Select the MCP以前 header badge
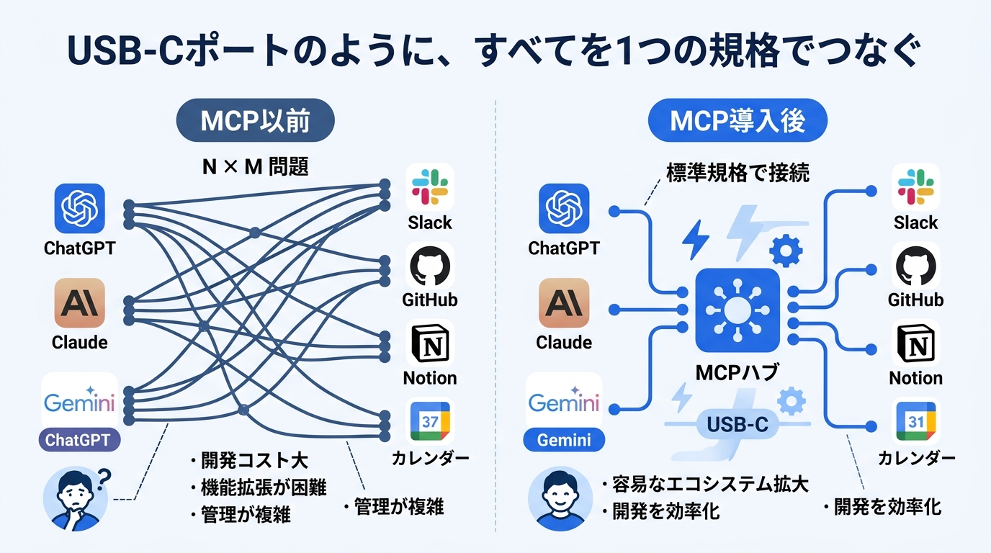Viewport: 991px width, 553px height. pyautogui.click(x=255, y=121)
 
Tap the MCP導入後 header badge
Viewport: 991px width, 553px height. pyautogui.click(x=737, y=121)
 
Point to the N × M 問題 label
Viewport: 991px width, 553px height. pyautogui.click(x=256, y=167)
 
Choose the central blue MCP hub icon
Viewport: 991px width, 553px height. pyautogui.click(x=737, y=310)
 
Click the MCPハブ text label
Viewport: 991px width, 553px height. pyautogui.click(x=737, y=372)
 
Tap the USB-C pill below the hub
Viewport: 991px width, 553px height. pyautogui.click(x=737, y=424)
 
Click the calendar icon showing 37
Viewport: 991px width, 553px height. pyautogui.click(x=429, y=422)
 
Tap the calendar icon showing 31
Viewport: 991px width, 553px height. pyautogui.click(x=915, y=422)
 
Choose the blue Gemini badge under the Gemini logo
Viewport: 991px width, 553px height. pyautogui.click(x=564, y=439)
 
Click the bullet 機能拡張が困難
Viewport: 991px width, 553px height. pyautogui.click(x=259, y=487)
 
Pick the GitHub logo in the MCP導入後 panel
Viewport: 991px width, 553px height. pyautogui.click(x=916, y=266)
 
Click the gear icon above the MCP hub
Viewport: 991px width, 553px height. pyautogui.click(x=786, y=251)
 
